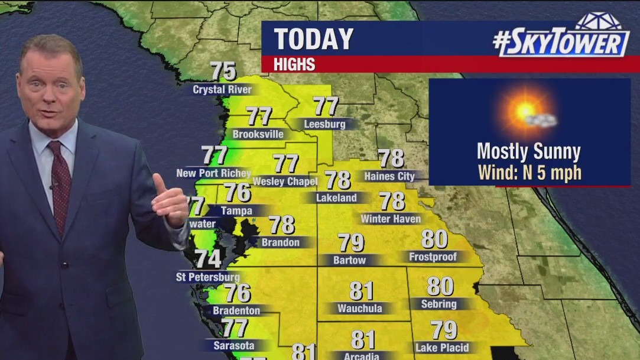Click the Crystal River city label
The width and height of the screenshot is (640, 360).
pos(222,90)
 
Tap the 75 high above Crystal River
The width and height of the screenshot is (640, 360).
pos(223,72)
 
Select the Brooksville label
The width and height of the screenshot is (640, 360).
pos(258,134)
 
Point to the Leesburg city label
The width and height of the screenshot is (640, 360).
pos(324,124)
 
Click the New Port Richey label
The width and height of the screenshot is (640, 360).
pos(213,173)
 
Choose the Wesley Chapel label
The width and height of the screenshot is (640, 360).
pos(285,181)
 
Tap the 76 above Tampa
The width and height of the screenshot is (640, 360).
pos(238,193)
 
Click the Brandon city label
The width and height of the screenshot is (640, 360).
pos(280,242)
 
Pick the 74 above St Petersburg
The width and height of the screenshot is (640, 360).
pos(208,259)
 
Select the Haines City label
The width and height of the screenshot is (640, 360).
pos(389,176)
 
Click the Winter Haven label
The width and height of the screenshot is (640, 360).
pos(391,219)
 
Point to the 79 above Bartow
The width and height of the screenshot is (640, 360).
pos(351,242)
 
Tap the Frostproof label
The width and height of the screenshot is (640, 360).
pos(434,257)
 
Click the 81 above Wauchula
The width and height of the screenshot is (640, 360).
pos(360,291)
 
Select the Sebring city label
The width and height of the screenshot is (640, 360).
pos(438,304)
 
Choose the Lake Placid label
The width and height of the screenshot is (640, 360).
pos(441,348)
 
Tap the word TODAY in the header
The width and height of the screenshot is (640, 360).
pos(313,39)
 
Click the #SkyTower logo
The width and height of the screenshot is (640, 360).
pos(561,40)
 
